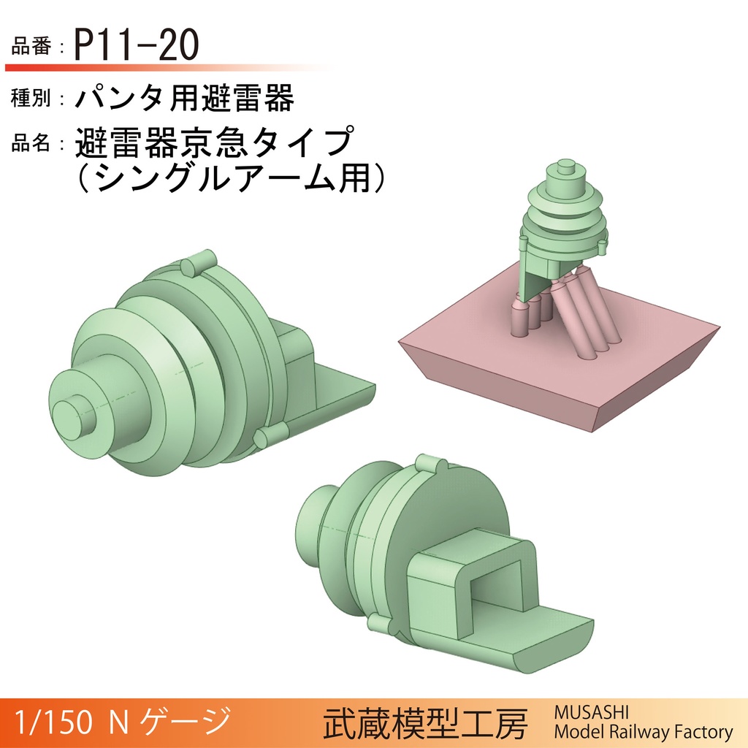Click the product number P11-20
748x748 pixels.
tap(137, 47)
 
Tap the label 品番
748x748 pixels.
tap(31, 48)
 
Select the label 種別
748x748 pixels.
tap(31, 99)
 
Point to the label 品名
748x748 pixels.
tap(31, 143)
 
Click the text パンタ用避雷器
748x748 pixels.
tap(185, 98)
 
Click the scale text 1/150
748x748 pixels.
tap(53, 722)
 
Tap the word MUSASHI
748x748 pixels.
tap(587, 712)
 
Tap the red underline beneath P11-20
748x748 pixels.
tap(146, 67)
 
